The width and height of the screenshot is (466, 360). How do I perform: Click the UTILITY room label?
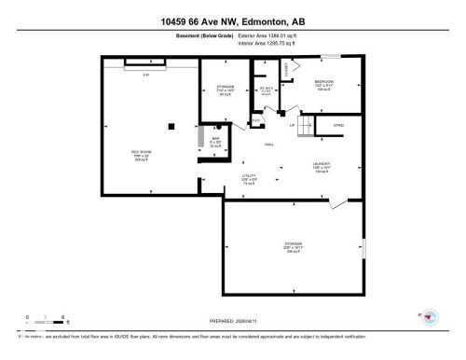pyautogui.click(x=249, y=177)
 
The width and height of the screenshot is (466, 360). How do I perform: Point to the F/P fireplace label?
pyautogui.click(x=144, y=74)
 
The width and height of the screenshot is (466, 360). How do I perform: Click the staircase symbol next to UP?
pyautogui.click(x=302, y=129)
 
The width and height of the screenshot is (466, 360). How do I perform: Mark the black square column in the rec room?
pyautogui.click(x=170, y=126)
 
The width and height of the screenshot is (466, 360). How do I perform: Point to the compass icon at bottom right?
pyautogui.click(x=429, y=317)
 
